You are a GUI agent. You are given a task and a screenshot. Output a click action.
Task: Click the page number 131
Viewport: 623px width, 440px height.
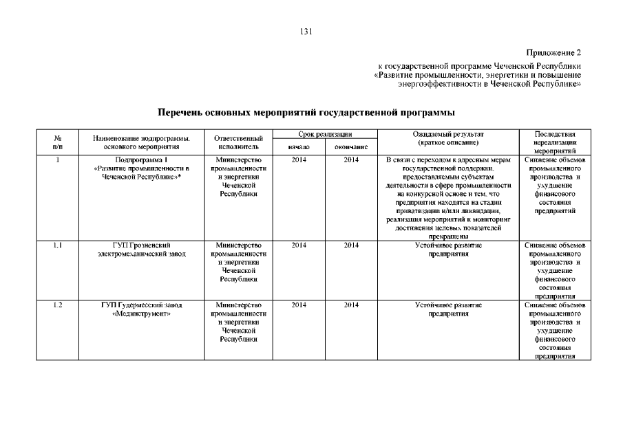coord(307,31)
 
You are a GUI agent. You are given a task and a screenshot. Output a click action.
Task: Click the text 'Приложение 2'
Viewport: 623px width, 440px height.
coord(554,52)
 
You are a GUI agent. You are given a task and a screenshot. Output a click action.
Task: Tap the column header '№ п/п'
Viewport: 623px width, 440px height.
coord(59,142)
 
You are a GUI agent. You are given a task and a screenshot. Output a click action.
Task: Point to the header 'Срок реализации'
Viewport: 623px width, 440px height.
coord(325,133)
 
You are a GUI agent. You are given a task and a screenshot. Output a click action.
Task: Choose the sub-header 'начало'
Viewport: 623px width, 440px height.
coord(299,147)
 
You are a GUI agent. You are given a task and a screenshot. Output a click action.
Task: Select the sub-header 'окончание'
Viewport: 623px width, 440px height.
coord(351,147)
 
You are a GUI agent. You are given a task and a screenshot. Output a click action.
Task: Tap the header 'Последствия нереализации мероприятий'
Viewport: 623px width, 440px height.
coord(554,142)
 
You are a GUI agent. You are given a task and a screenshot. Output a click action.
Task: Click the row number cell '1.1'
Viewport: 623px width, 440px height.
coord(59,245)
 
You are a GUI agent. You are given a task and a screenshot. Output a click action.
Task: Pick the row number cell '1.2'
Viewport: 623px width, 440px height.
coord(59,305)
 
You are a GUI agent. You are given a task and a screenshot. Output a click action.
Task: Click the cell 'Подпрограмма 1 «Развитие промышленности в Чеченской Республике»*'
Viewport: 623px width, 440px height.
coord(141,168)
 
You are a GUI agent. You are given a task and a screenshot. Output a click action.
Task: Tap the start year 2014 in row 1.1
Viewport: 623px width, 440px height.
coord(299,245)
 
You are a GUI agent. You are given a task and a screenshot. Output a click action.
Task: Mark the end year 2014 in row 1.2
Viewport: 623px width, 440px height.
coord(351,305)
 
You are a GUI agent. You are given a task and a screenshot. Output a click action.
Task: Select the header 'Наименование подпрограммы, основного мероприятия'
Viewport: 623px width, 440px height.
coord(141,142)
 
